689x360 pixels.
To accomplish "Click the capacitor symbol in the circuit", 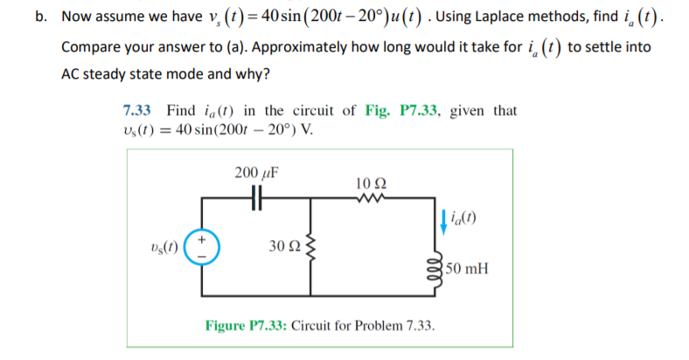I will [255, 197].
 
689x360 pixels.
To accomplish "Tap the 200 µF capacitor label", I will [256, 172].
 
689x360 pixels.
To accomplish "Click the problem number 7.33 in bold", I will [138, 111].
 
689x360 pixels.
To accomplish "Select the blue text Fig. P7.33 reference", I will [404, 111].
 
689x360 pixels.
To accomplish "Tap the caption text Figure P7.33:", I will [247, 326].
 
